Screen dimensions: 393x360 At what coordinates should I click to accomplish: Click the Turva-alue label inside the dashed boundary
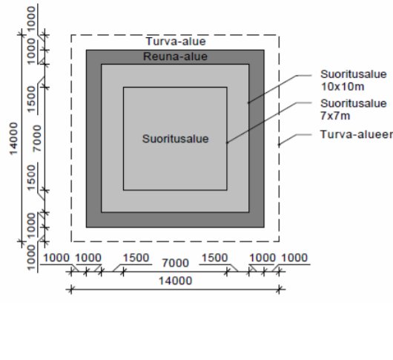176,42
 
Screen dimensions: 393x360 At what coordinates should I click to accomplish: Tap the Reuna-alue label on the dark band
175,56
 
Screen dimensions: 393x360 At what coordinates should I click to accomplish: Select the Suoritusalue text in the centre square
176,139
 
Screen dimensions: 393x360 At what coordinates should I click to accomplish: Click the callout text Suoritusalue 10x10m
354,80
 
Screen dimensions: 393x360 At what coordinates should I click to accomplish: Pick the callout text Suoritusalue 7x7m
354,109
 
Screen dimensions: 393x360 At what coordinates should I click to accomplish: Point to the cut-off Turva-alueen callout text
357,134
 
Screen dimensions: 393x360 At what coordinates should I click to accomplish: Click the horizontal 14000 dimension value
176,281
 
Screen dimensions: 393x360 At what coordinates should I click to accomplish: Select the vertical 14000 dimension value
14,139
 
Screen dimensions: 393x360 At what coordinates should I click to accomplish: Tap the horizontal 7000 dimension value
176,263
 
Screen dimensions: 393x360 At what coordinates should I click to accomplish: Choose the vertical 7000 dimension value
37,138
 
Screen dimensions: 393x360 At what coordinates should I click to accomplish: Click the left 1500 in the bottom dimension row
136,258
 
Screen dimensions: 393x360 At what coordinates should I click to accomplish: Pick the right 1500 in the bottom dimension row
214,258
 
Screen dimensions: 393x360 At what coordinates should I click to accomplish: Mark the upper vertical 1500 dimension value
31,99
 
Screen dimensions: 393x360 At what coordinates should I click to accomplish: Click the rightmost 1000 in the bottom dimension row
294,258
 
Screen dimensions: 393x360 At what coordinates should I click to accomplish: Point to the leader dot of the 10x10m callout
248,102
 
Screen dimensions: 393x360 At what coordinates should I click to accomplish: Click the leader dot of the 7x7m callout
227,143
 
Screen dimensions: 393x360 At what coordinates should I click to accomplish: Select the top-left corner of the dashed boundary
71,35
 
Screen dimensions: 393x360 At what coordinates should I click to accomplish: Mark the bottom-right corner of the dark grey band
264,228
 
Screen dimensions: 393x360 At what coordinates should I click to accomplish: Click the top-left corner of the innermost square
123,88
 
